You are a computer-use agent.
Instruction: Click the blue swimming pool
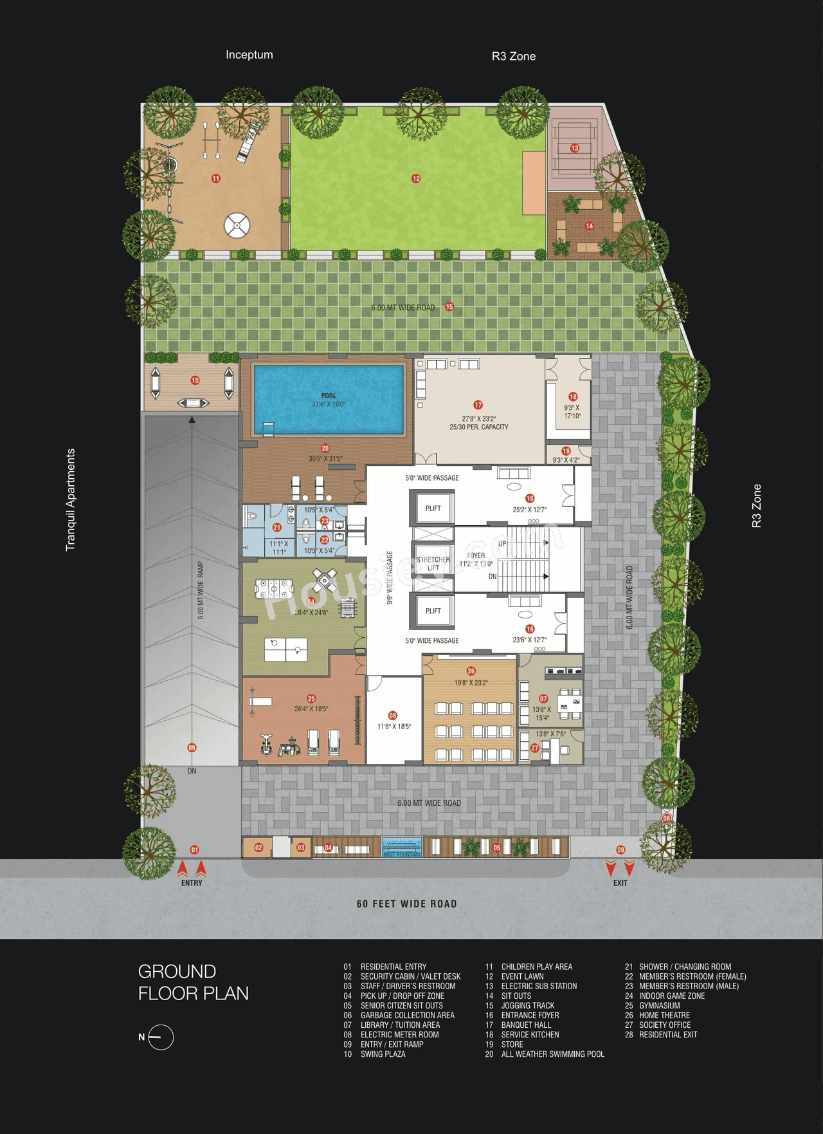point(329,399)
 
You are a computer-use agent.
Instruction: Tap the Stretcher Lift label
point(433,563)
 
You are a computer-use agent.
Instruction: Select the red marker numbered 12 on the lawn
point(416,178)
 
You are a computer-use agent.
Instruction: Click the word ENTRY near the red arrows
point(192,883)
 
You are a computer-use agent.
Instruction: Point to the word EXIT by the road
point(620,883)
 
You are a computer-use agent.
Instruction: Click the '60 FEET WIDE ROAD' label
point(406,904)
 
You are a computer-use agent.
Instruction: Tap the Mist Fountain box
point(401,847)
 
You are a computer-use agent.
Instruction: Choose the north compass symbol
point(160,1037)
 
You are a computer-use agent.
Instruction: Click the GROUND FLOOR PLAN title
point(193,982)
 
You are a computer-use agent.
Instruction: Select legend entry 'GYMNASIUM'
point(659,1005)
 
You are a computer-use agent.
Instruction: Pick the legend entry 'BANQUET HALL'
point(526,1025)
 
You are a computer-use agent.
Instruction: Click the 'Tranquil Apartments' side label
point(71,499)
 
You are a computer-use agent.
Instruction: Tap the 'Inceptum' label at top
point(249,55)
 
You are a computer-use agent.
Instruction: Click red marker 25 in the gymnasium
point(311,698)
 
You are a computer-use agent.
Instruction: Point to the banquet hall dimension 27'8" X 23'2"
point(478,418)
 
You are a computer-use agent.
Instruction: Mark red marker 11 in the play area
point(216,178)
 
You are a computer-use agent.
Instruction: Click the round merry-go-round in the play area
point(237,225)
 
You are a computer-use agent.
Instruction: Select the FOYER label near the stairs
point(476,555)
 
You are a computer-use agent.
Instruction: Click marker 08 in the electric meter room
point(393,715)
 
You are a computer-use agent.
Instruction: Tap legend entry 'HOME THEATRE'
point(664,1015)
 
